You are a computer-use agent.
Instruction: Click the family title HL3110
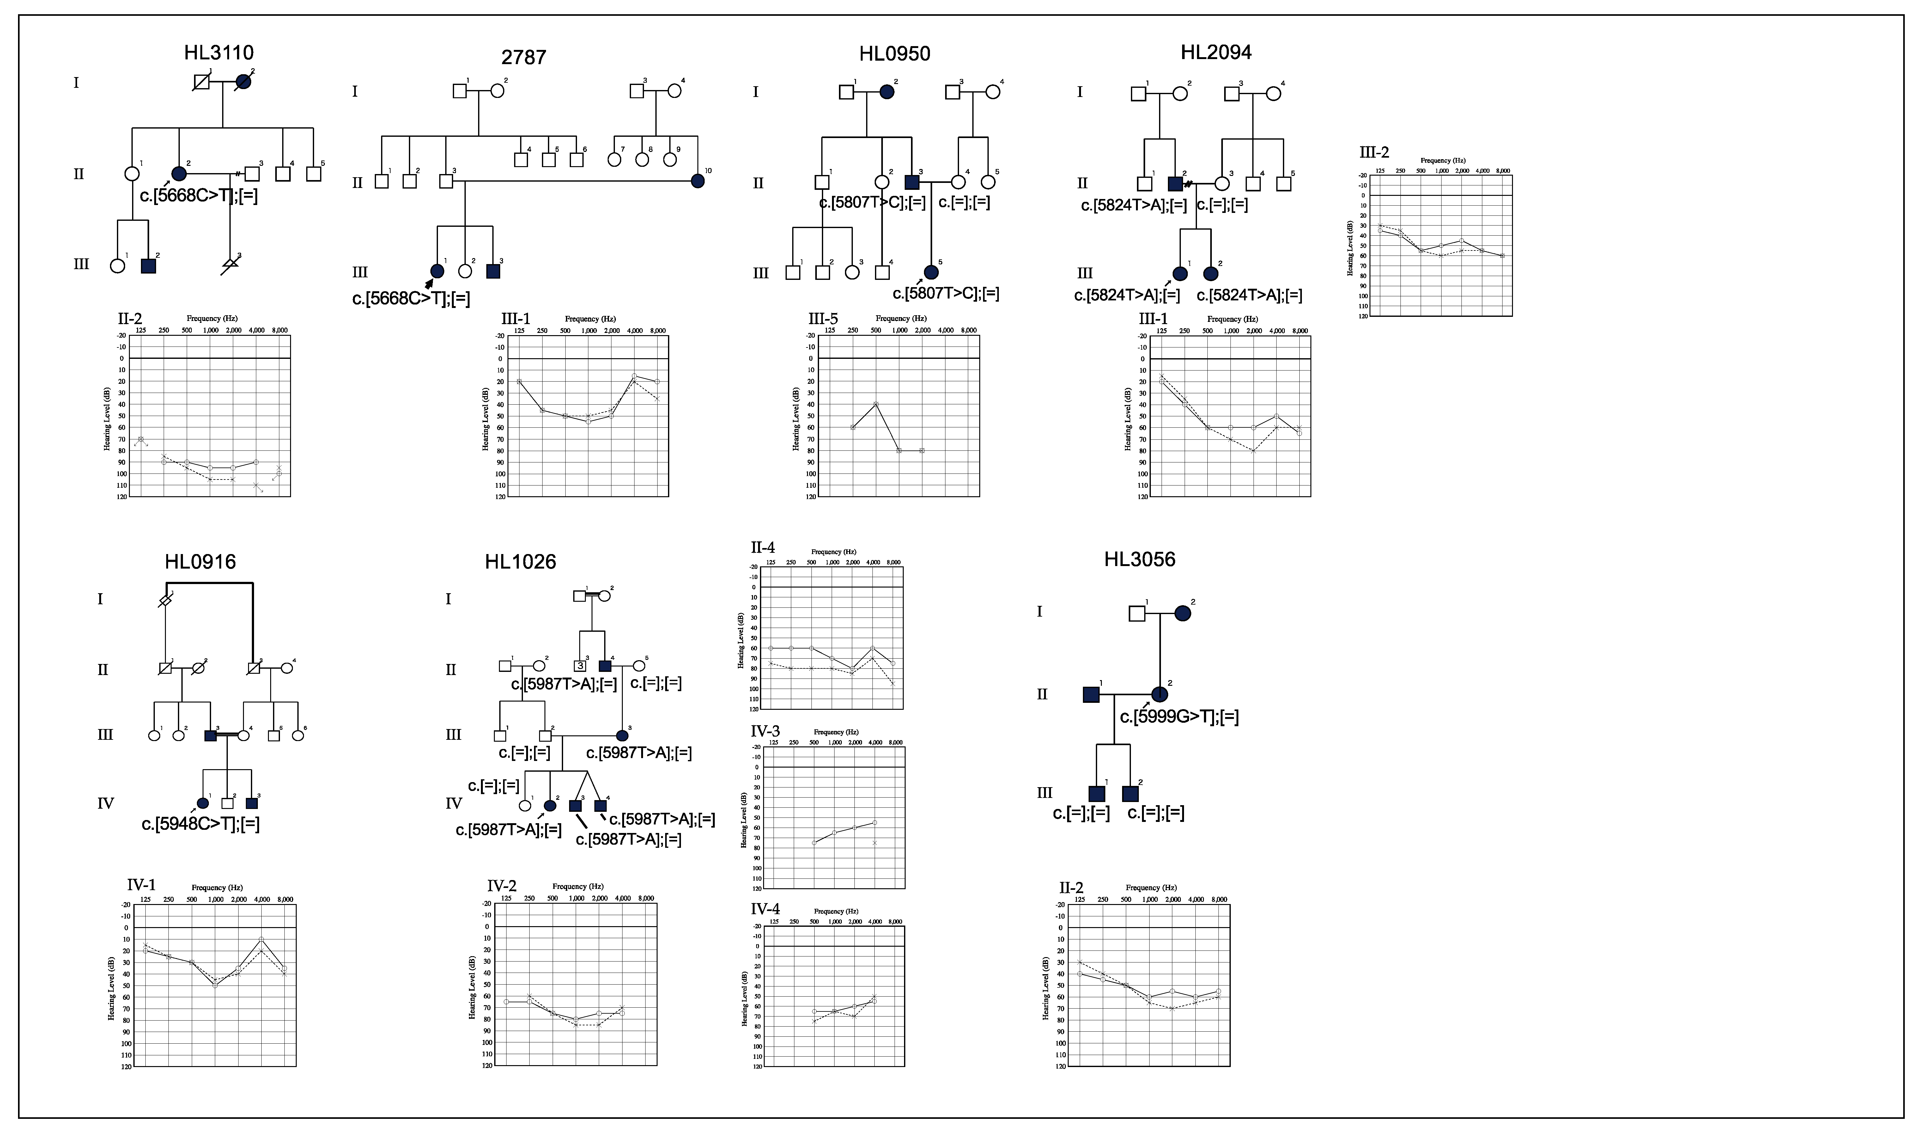point(219,53)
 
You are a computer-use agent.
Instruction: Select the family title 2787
point(524,57)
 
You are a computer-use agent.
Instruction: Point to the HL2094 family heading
point(1216,52)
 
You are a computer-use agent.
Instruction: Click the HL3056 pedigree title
point(1139,559)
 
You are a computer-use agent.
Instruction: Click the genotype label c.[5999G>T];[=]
point(1179,717)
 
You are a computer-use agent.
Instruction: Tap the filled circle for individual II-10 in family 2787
point(697,181)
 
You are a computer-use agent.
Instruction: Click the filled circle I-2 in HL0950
point(887,92)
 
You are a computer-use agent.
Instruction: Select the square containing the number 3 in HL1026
point(580,666)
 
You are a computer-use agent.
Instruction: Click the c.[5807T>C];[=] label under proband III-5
point(946,293)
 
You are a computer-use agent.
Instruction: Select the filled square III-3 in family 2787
point(493,270)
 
